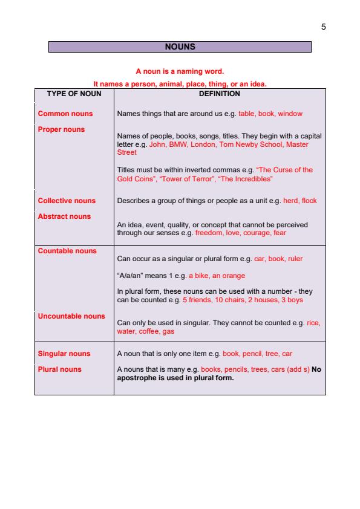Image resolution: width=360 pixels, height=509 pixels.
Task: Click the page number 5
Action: click(324, 27)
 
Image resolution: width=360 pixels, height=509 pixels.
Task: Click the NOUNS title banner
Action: click(180, 47)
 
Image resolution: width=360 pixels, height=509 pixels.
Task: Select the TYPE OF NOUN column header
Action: click(74, 94)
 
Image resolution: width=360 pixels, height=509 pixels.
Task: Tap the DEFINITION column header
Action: click(219, 94)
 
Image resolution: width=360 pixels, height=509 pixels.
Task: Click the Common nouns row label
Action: click(65, 114)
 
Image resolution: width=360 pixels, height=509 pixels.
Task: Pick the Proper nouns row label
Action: click(61, 129)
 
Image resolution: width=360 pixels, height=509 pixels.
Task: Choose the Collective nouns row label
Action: click(67, 201)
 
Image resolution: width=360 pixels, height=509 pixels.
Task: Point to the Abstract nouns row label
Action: click(64, 216)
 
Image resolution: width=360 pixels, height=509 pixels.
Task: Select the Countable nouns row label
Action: click(67, 251)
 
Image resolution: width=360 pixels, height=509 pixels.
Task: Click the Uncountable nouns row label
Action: click(71, 316)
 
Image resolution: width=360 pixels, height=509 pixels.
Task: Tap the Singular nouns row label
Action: click(64, 354)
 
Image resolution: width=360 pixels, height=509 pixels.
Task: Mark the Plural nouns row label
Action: click(59, 369)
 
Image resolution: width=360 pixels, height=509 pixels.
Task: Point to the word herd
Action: click(290, 201)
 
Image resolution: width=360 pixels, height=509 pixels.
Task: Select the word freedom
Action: click(209, 232)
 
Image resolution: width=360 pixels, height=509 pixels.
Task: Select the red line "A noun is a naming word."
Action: click(180, 71)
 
